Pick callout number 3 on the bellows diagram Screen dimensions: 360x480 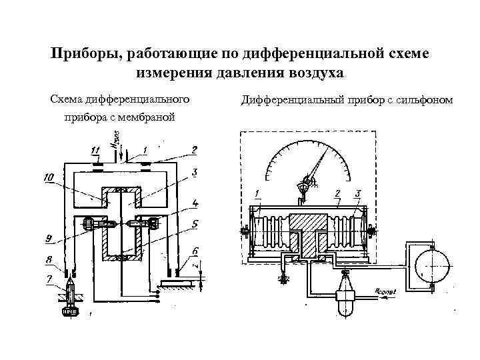pyautogui.click(x=359, y=193)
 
